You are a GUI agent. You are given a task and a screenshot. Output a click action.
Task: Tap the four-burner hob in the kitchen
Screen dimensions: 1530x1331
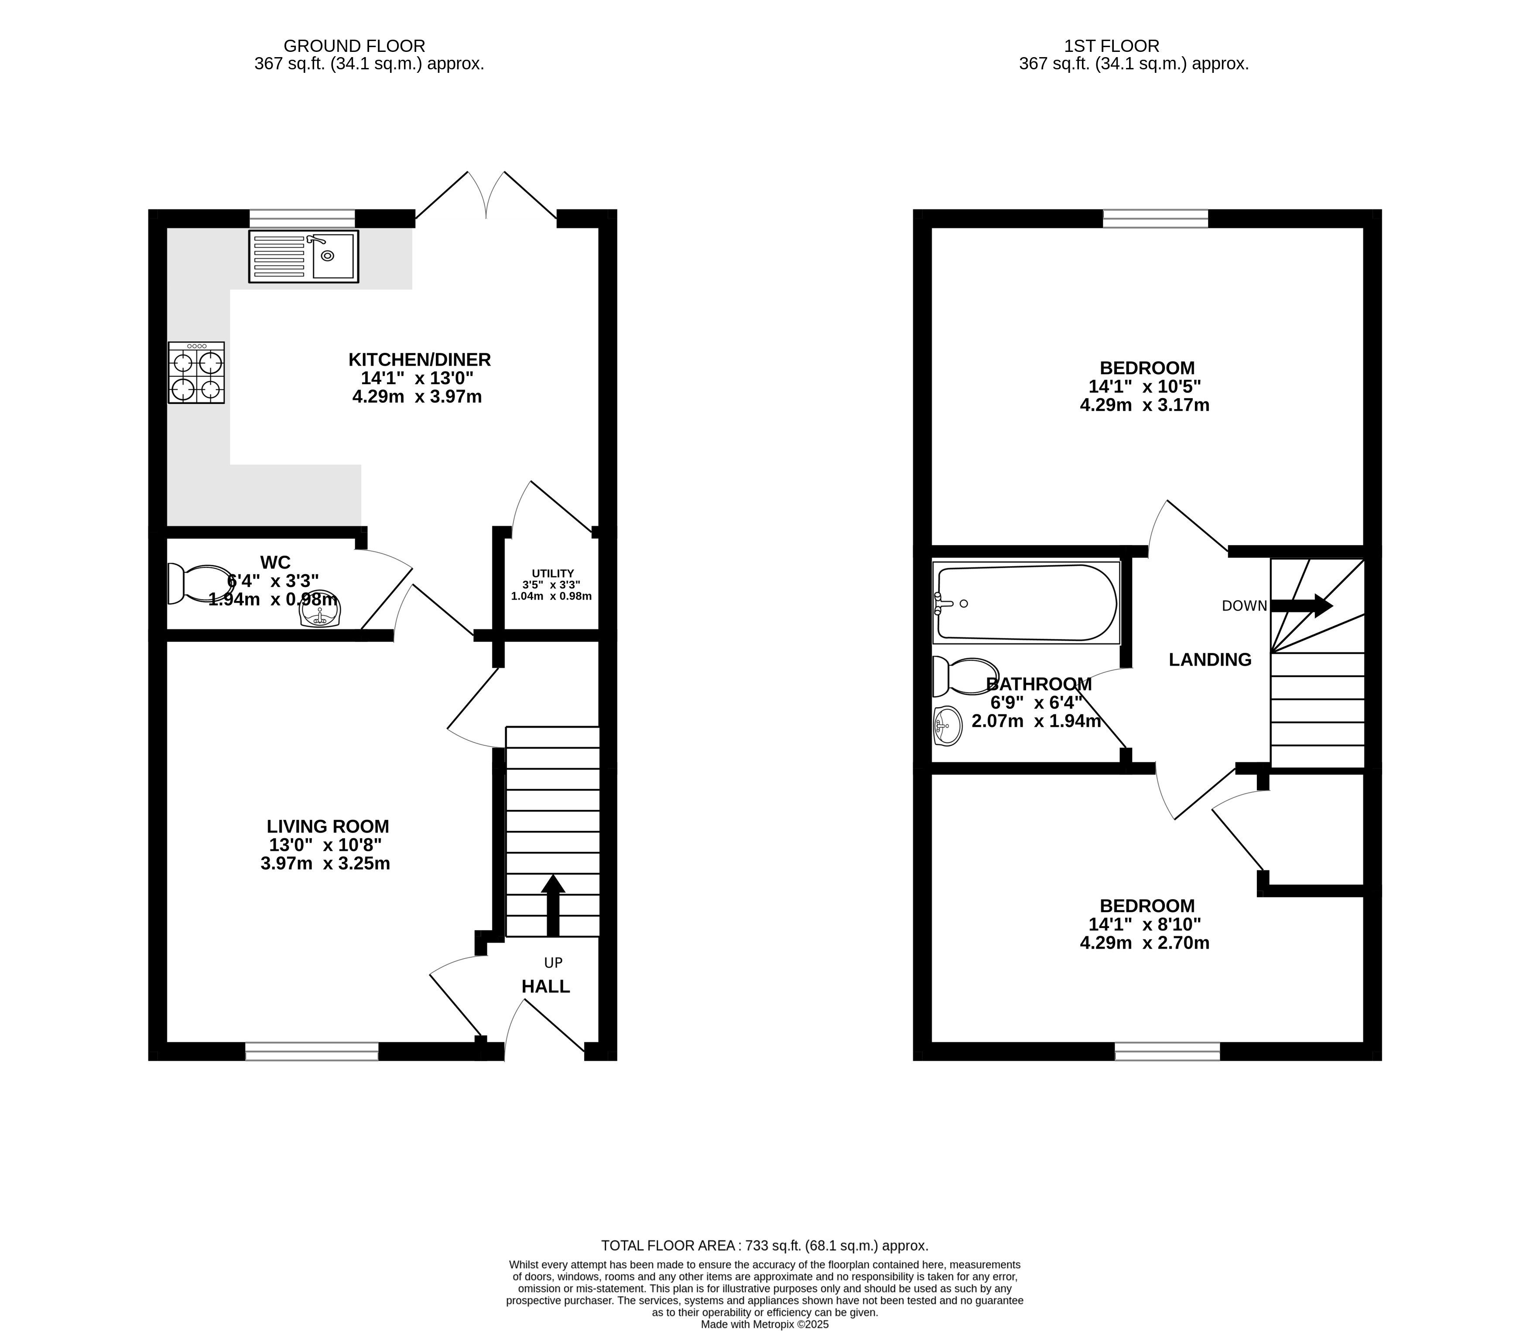coord(196,372)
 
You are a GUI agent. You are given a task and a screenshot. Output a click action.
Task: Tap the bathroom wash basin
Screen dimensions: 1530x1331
coord(948,724)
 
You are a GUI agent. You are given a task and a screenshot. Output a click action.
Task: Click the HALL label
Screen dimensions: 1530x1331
coord(545,986)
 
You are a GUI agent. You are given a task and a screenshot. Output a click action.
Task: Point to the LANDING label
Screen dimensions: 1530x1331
coord(1210,659)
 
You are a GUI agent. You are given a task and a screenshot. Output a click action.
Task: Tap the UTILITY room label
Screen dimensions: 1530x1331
coord(553,573)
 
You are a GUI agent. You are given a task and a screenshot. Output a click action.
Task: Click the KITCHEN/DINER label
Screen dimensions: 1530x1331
coord(420,359)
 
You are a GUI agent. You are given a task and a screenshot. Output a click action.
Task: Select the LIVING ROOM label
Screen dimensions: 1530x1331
coord(328,826)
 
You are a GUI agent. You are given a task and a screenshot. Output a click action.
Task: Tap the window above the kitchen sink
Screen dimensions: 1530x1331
coord(302,218)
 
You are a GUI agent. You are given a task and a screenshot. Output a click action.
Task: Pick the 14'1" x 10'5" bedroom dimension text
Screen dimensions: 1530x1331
coord(1144,387)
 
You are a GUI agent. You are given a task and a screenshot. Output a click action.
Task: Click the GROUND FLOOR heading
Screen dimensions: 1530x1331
coord(354,46)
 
